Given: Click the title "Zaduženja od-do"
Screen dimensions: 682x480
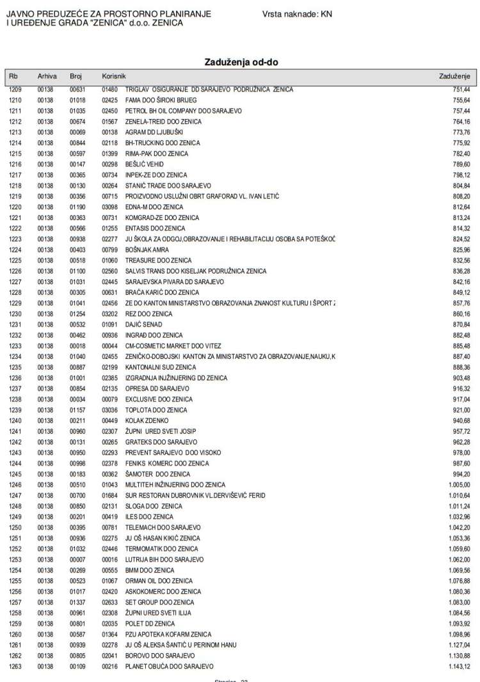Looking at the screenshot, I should (x=241, y=62).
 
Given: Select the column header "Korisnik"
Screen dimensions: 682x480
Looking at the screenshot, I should (x=113, y=76).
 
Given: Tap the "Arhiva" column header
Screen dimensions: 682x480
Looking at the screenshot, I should (x=47, y=76).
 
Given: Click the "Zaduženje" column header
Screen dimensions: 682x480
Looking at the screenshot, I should (x=454, y=76).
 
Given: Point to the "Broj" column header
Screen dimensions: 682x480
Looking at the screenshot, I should (x=76, y=76).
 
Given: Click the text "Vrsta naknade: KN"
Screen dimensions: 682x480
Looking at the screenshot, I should (x=296, y=13).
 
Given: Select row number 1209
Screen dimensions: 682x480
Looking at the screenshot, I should (x=15, y=90).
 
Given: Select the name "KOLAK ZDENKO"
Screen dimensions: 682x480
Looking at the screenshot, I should (x=147, y=420).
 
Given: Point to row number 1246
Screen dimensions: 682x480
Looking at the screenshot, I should (x=15, y=485).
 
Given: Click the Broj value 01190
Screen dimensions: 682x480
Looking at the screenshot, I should (x=77, y=207).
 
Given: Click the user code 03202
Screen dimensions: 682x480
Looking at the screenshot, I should (x=110, y=314).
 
